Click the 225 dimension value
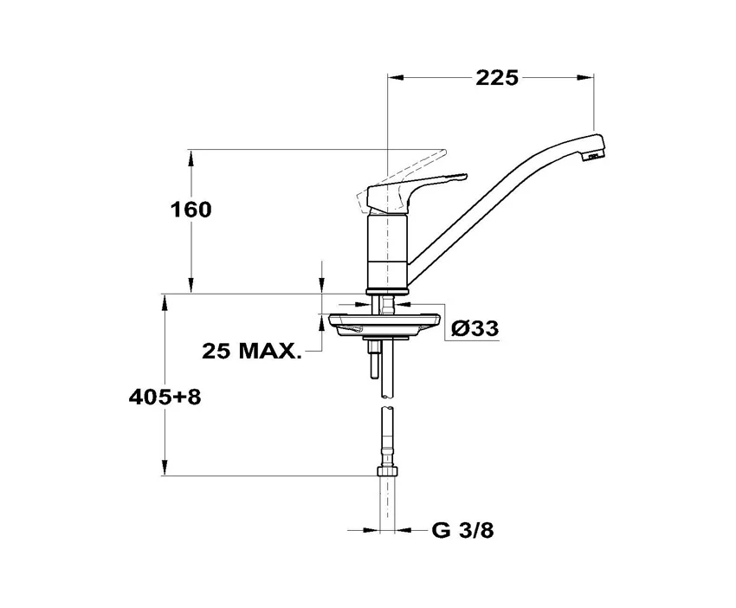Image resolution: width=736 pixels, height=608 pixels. [x=497, y=78]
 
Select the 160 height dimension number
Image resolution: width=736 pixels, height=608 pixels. [x=190, y=210]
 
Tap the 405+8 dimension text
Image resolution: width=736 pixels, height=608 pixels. [x=165, y=398]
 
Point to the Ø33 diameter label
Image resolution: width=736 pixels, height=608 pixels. [x=475, y=328]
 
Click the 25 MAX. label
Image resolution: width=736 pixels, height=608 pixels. [x=251, y=351]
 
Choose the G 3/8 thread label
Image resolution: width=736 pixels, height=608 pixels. [x=463, y=531]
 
